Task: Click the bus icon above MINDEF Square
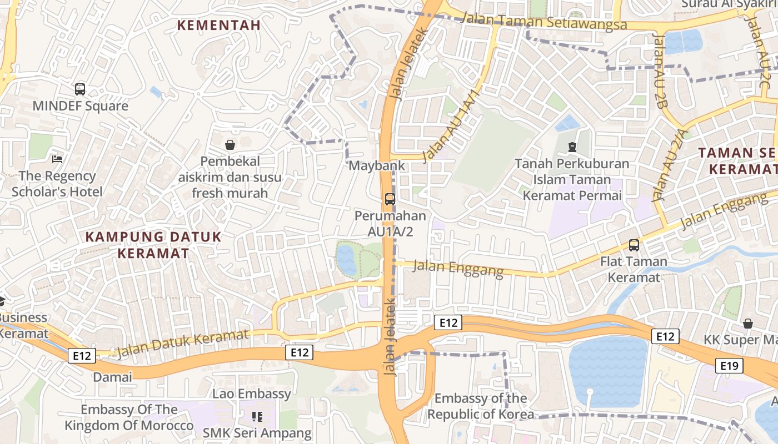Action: [80, 89]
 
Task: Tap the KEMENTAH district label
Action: [218, 25]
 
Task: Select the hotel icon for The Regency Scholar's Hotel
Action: [57, 159]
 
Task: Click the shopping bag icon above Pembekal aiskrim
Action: [230, 145]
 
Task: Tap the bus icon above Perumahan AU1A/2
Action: [390, 199]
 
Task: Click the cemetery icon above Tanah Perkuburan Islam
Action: [572, 147]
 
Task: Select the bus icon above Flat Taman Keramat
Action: [634, 245]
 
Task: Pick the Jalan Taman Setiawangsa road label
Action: [545, 22]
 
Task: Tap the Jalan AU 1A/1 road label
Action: [450, 125]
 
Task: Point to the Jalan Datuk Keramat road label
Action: [183, 342]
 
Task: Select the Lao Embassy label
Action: [252, 394]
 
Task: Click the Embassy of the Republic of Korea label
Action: [481, 406]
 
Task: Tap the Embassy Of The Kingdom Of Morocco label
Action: [129, 417]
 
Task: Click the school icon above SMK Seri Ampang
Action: [257, 416]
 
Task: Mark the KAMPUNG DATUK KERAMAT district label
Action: [153, 245]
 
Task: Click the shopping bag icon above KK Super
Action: [748, 323]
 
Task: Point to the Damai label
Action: [113, 377]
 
